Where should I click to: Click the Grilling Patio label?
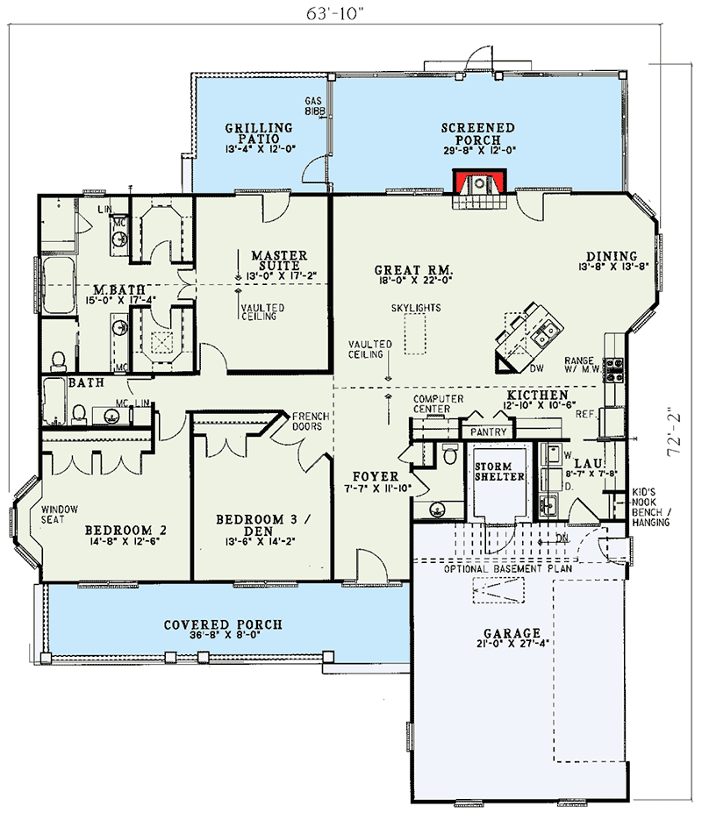(258, 133)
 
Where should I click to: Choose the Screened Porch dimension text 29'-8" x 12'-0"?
(477, 151)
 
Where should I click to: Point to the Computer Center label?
(438, 404)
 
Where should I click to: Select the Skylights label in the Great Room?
(416, 309)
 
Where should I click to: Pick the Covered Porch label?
(223, 624)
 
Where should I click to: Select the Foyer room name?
(376, 477)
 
